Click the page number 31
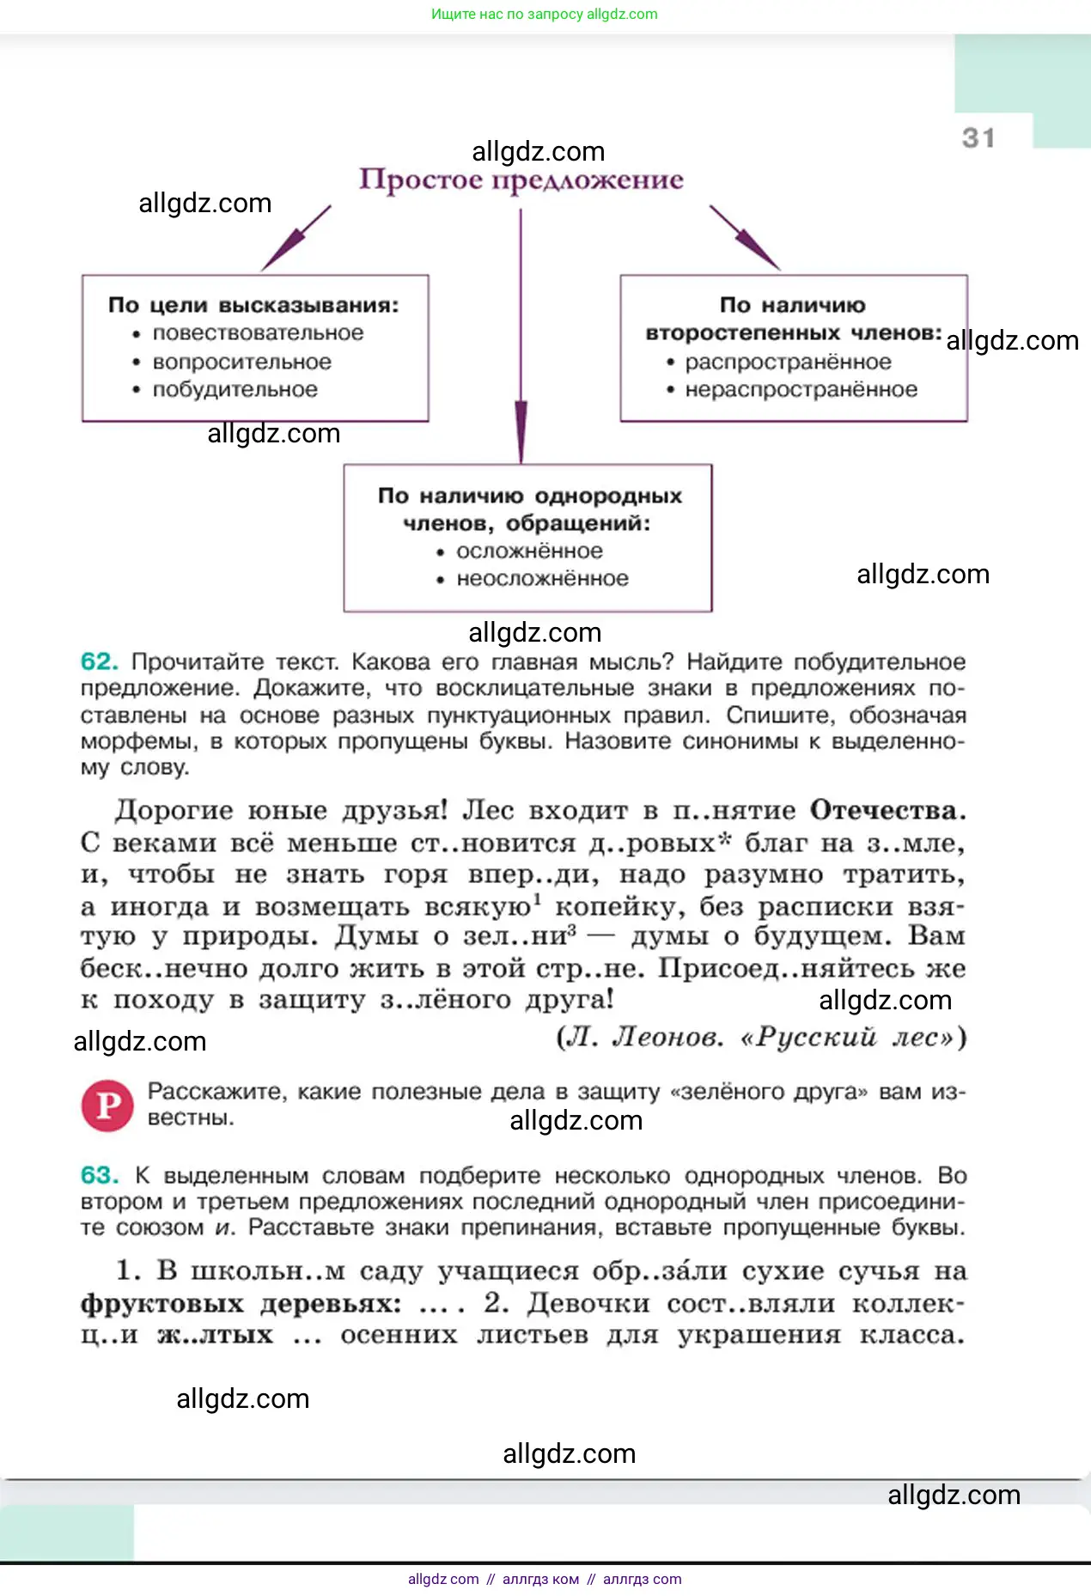(x=978, y=138)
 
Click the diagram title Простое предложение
(x=521, y=180)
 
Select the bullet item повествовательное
(x=258, y=333)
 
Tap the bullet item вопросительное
(x=241, y=362)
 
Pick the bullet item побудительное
(x=235, y=390)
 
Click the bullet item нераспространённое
(x=801, y=390)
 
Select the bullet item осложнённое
(x=529, y=551)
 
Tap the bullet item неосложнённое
(x=542, y=579)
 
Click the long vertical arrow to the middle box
(x=521, y=344)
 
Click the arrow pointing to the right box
(x=744, y=238)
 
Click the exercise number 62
(x=99, y=662)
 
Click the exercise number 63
(x=99, y=1175)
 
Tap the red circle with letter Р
(x=107, y=1106)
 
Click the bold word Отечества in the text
(x=887, y=811)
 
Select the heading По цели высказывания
(x=253, y=306)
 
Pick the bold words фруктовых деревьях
(x=241, y=1304)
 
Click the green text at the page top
(x=545, y=15)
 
